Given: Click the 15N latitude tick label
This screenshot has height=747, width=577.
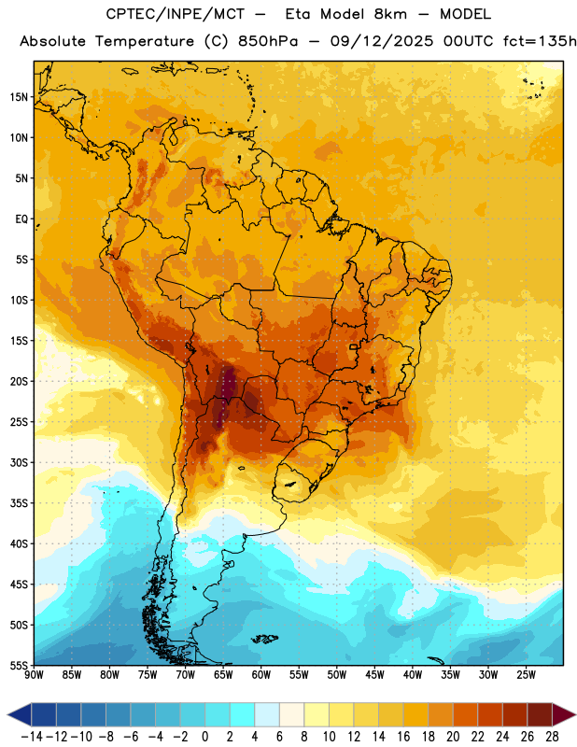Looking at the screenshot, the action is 19,97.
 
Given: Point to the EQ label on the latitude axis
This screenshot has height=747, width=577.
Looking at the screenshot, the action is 21,219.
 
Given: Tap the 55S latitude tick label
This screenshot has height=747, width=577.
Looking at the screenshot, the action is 19,665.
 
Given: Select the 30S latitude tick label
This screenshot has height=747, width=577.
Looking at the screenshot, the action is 19,462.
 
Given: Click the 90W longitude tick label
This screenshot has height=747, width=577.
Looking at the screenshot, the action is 34,675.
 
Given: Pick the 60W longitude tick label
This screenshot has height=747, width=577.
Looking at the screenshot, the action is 261,675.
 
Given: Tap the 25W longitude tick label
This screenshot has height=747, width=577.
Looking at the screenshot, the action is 526,675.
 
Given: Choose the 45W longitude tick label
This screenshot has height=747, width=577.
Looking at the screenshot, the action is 374,675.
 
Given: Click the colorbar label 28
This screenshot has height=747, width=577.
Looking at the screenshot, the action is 552,737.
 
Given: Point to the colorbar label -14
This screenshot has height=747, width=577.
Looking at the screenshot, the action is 32,737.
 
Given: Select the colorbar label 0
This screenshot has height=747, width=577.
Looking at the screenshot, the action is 204,737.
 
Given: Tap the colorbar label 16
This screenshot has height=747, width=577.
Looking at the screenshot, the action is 403,737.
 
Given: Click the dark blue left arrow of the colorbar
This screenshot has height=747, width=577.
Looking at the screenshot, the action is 20,714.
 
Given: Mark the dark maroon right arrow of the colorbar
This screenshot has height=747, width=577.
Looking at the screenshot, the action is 564,714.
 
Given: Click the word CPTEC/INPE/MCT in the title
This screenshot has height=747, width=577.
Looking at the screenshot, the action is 176,14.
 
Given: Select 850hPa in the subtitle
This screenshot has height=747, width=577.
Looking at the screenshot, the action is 268,41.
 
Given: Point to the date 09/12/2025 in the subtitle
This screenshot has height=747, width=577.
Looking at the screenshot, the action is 382,41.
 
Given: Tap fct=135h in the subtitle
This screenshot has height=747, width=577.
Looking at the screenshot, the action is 540,41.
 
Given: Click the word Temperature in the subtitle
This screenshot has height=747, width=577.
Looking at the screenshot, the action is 145,41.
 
